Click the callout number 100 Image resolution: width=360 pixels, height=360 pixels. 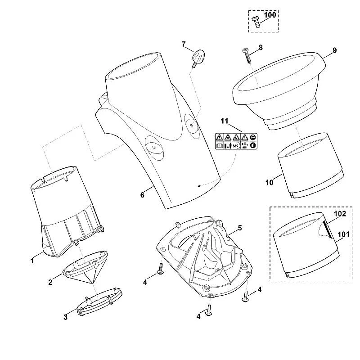coord(270,15)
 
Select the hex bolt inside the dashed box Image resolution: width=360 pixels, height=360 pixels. coord(256,22)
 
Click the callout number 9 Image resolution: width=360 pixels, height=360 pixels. coord(334,50)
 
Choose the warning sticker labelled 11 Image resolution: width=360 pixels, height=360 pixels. coord(236,141)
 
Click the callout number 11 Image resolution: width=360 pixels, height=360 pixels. coord(224,121)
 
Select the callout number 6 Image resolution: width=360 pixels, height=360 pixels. coord(142,195)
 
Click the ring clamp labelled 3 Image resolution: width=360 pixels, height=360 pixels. coord(99,301)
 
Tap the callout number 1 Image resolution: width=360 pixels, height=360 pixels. coord(32,261)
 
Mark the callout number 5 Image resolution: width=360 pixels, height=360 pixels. coord(240,228)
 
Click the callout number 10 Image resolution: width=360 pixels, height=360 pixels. coord(269,183)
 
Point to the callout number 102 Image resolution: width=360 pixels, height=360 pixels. coord(340,214)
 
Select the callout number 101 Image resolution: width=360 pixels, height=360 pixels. coord(343,234)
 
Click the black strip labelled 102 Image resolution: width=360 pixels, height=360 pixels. coord(328,229)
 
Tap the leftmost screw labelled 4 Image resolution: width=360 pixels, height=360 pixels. coord(160,269)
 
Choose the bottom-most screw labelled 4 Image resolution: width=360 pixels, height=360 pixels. coord(209,310)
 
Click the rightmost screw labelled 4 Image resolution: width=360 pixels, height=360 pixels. coord(246,296)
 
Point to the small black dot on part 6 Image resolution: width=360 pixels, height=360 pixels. coord(199,186)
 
